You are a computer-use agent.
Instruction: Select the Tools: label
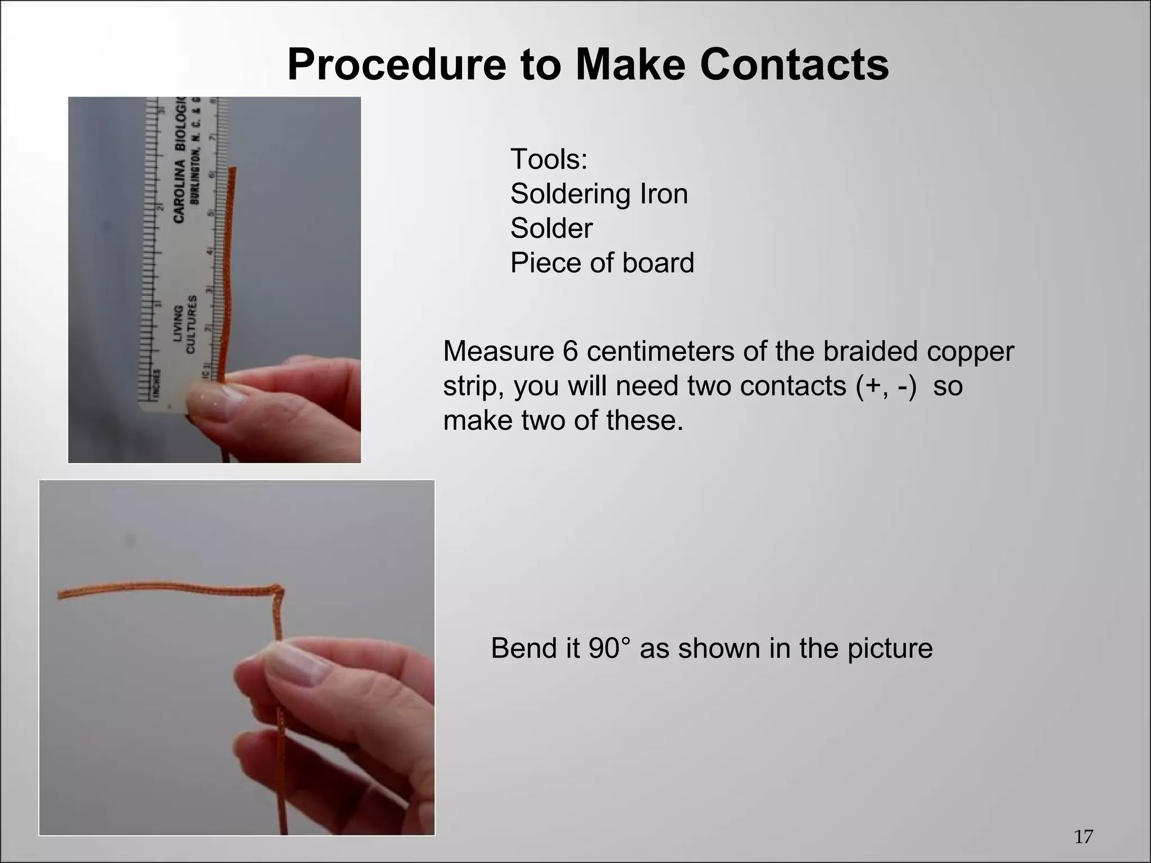tap(549, 159)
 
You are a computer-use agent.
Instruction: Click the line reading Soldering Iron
tap(599, 194)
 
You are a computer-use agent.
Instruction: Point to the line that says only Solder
tap(551, 228)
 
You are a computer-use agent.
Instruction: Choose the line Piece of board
tap(602, 262)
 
